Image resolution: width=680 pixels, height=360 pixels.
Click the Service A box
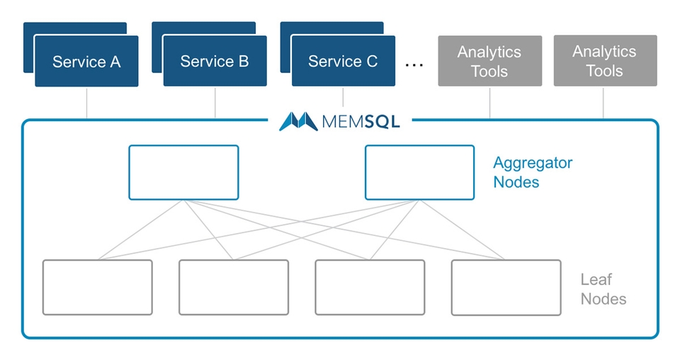[x=86, y=61]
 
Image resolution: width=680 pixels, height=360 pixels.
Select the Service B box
[x=215, y=61]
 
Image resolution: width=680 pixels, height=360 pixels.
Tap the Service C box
[x=343, y=61]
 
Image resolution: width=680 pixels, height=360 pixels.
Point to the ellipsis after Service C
[x=414, y=64]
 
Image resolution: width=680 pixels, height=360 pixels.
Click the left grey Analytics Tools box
[x=489, y=61]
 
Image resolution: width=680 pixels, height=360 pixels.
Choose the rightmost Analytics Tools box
[x=604, y=61]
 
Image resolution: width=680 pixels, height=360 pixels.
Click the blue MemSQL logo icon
[x=297, y=121]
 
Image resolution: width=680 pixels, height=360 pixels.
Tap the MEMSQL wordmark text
[x=361, y=121]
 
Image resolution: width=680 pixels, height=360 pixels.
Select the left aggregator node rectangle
[x=183, y=172]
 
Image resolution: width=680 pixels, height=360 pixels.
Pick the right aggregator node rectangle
[x=419, y=172]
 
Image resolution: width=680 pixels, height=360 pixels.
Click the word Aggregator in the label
[x=533, y=163]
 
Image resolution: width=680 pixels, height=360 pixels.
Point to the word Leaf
[x=596, y=280]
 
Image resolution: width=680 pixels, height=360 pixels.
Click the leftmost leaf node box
[x=97, y=287]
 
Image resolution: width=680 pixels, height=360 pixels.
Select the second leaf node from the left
[x=233, y=287]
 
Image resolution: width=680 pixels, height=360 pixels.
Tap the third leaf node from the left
[x=370, y=287]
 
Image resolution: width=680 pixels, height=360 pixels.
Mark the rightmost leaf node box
[x=506, y=287]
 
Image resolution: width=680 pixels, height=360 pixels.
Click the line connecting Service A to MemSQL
[x=86, y=103]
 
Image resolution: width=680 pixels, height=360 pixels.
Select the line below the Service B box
[x=215, y=103]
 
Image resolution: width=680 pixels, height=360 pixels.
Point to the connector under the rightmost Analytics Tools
[x=604, y=103]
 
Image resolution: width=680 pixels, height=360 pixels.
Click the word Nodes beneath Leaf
[x=603, y=299]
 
